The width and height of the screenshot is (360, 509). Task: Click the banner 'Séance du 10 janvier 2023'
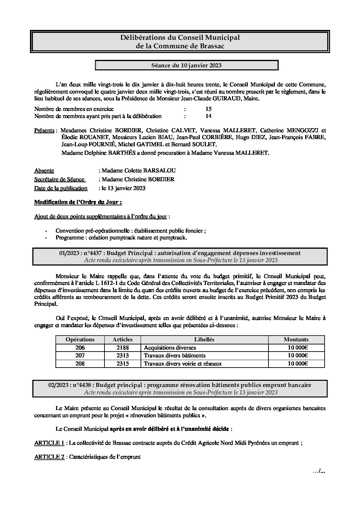click(186, 65)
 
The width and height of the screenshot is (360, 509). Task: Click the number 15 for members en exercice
click(208, 109)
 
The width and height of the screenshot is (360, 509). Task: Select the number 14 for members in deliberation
click(208, 116)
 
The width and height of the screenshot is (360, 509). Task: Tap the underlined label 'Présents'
click(44, 130)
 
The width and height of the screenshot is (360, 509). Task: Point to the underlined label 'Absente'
click(44, 170)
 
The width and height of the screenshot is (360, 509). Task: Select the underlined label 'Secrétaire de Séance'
click(59, 179)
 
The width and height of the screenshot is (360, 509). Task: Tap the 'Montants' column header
click(296, 339)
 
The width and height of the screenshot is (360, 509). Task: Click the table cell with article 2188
click(122, 347)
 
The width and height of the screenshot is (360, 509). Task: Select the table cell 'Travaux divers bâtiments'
click(175, 355)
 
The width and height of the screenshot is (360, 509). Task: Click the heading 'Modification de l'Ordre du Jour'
click(78, 202)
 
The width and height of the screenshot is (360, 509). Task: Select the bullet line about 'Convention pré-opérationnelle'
click(130, 231)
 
